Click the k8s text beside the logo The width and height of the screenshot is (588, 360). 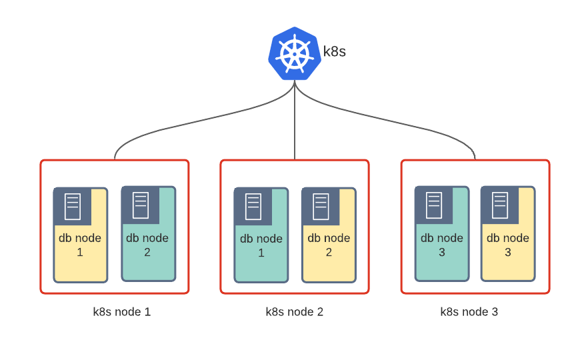[x=335, y=51]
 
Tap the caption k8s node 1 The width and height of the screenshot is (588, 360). [x=122, y=311]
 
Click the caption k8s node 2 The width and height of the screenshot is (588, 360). [x=294, y=311]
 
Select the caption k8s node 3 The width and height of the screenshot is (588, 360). [x=469, y=311]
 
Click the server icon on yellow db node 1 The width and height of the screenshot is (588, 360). [x=73, y=206]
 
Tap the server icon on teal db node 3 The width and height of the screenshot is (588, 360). [x=434, y=205]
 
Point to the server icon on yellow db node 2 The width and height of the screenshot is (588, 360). [x=321, y=206]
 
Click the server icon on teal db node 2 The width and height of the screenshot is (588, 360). [x=140, y=205]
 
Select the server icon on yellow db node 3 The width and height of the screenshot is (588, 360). [x=500, y=205]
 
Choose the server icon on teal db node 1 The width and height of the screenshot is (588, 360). [x=253, y=206]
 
